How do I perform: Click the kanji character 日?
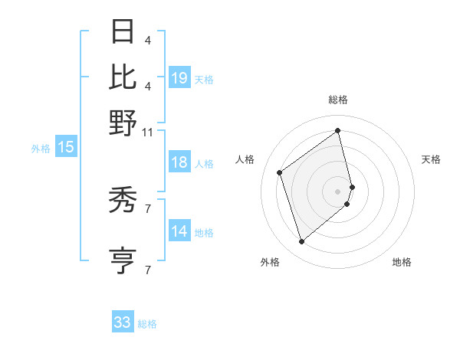(123, 31)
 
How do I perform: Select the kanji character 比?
(123, 77)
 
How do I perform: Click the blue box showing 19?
(179, 78)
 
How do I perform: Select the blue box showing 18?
(179, 163)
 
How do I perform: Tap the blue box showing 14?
(179, 232)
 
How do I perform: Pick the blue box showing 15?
(66, 148)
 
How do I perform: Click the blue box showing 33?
(123, 322)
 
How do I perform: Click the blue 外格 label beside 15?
(40, 149)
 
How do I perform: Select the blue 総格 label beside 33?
(147, 324)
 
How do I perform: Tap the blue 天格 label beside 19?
(204, 79)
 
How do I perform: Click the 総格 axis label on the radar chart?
(338, 100)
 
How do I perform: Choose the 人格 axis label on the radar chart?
(245, 159)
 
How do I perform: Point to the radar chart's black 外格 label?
(270, 263)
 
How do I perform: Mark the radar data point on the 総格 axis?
(338, 130)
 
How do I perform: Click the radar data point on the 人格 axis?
(280, 172)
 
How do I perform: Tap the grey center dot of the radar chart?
(338, 191)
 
